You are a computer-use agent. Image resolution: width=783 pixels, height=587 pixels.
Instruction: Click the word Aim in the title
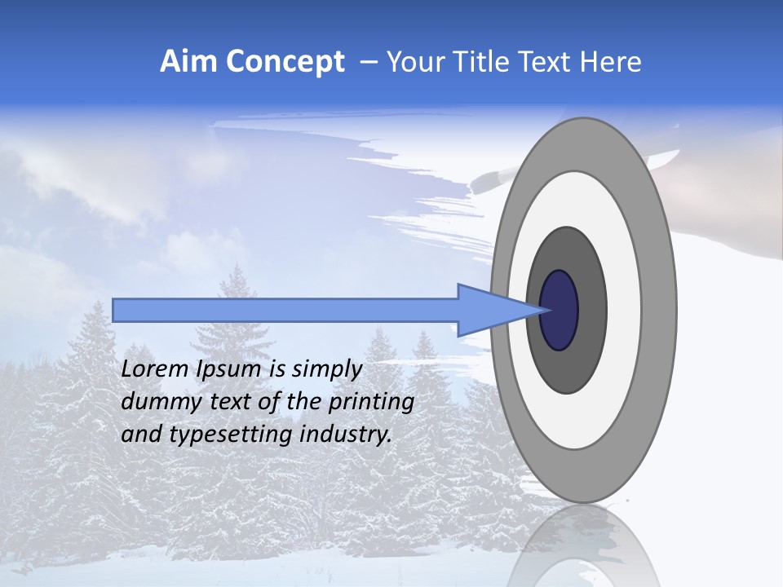[x=188, y=62]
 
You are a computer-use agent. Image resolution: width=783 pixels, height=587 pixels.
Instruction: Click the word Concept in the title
[x=285, y=62]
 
